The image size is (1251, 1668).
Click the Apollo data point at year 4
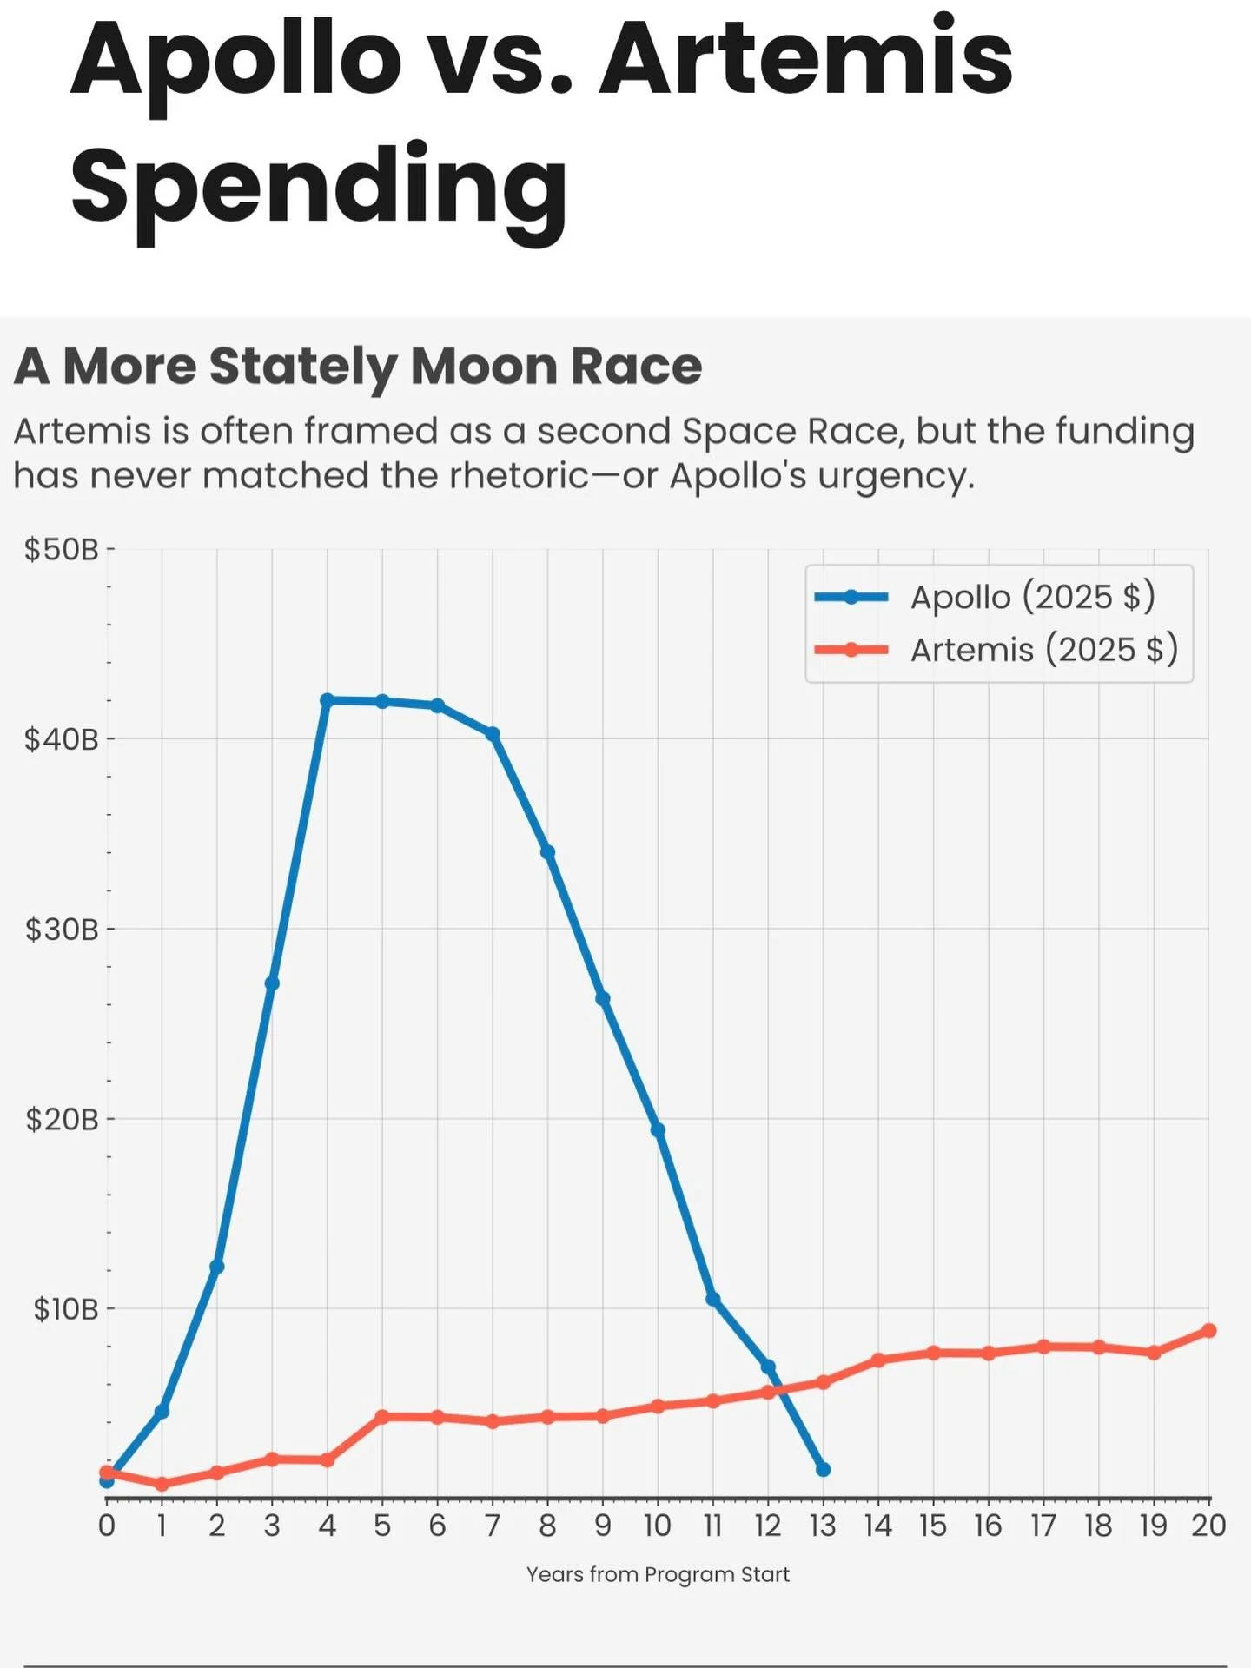tap(327, 700)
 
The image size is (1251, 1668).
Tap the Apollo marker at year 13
tap(823, 1469)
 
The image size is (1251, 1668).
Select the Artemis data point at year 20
tap(1208, 1331)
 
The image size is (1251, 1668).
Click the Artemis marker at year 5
tap(382, 1416)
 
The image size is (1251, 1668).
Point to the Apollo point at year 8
tap(547, 852)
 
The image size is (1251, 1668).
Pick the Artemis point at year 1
tap(162, 1484)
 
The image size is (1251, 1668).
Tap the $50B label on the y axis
tap(62, 549)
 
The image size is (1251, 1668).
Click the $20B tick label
tap(62, 1119)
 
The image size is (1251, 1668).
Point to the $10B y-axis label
tap(65, 1308)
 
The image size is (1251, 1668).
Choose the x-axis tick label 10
tap(658, 1526)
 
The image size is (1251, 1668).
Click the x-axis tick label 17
tap(1043, 1526)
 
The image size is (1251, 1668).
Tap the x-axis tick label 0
tap(107, 1526)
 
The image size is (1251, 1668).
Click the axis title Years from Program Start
tap(658, 1574)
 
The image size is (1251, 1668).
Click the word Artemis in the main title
tap(805, 59)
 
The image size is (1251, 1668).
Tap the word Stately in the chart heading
tap(303, 366)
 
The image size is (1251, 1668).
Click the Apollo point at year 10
tap(658, 1130)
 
